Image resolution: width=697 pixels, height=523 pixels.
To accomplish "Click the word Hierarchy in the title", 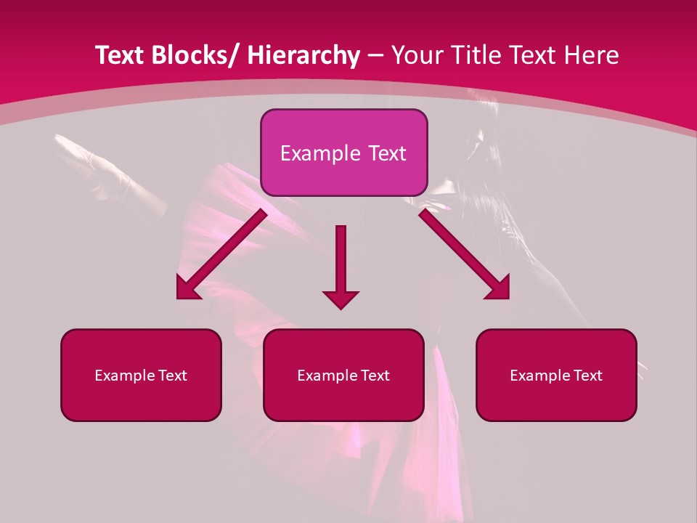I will click(x=303, y=55).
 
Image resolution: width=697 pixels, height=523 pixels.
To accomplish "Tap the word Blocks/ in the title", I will click(x=191, y=55).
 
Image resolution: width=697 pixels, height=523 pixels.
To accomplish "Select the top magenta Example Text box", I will click(x=343, y=153).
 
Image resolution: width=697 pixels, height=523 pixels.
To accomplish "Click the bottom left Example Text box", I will click(x=141, y=375).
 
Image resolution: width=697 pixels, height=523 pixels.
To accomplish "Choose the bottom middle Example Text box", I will click(x=343, y=375).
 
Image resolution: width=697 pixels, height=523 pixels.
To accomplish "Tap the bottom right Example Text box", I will click(x=556, y=375).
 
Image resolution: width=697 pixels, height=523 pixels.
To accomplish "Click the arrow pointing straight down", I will click(x=341, y=261).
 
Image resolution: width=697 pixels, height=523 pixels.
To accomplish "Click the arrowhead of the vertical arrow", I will click(x=341, y=299).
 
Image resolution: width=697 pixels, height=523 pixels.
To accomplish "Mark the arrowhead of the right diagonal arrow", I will click(x=499, y=288).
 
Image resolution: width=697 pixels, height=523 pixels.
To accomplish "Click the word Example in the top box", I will click(x=319, y=153).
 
